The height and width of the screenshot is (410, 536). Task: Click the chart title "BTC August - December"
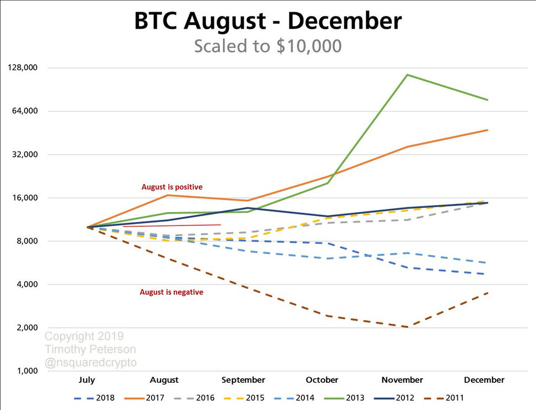click(x=268, y=22)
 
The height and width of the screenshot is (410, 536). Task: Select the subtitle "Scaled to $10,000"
click(x=267, y=46)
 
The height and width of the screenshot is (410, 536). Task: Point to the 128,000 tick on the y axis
click(x=24, y=68)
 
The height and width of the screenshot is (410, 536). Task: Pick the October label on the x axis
click(x=322, y=380)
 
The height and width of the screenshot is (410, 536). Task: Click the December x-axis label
click(x=484, y=380)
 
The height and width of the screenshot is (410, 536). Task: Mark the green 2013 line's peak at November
click(x=407, y=75)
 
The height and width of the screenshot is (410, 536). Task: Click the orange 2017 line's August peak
click(x=166, y=195)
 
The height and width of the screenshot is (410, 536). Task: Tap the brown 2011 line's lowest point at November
click(x=407, y=327)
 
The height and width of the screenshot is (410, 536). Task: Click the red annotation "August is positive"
click(x=172, y=187)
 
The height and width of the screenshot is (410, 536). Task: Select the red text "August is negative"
click(x=172, y=292)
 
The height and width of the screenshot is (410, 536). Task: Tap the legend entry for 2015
click(x=255, y=397)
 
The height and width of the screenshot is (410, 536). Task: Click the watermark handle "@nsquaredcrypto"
click(x=91, y=362)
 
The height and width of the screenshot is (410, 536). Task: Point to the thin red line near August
click(x=172, y=225)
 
